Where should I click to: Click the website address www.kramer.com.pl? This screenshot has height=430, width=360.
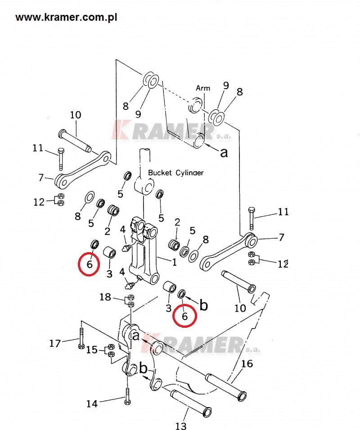66,18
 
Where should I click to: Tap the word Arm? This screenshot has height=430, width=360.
203,88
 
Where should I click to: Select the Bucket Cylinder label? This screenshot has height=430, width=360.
175,172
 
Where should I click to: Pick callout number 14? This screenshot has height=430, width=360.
92,404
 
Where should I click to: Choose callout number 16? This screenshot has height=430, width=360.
247,364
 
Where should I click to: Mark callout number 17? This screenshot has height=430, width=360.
55,344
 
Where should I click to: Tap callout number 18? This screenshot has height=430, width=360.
105,297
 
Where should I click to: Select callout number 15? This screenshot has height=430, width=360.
92,349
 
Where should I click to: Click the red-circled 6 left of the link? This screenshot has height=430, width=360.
90,264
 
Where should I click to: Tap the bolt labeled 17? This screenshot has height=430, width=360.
81,338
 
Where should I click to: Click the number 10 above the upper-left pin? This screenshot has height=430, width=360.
76,115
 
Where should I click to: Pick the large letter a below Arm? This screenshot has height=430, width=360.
224,152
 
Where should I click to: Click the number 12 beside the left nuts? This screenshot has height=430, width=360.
39,202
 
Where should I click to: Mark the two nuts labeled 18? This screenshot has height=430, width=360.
130,300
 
